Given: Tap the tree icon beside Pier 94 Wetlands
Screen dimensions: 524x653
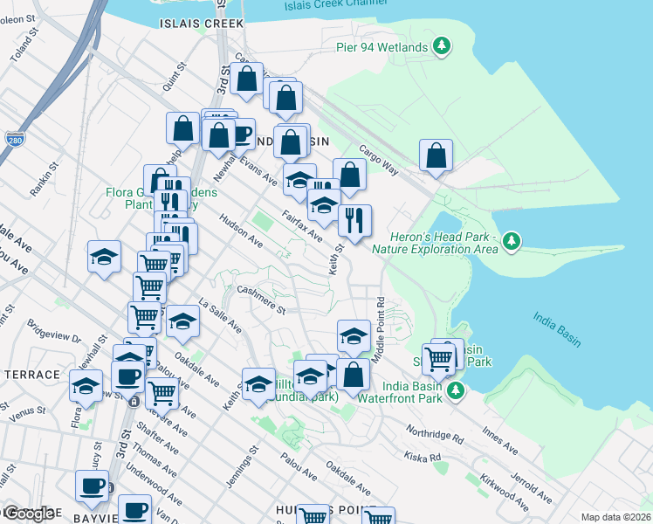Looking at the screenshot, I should (443, 45).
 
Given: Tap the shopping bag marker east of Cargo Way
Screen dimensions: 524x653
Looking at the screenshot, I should (436, 157).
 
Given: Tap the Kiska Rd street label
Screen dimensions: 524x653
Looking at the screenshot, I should (423, 457).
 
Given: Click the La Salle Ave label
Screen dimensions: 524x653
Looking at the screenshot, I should (220, 316).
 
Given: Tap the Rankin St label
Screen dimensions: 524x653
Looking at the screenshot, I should (42, 179).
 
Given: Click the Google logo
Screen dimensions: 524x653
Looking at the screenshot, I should (28, 514).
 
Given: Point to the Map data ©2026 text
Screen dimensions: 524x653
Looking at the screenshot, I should (615, 517).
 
